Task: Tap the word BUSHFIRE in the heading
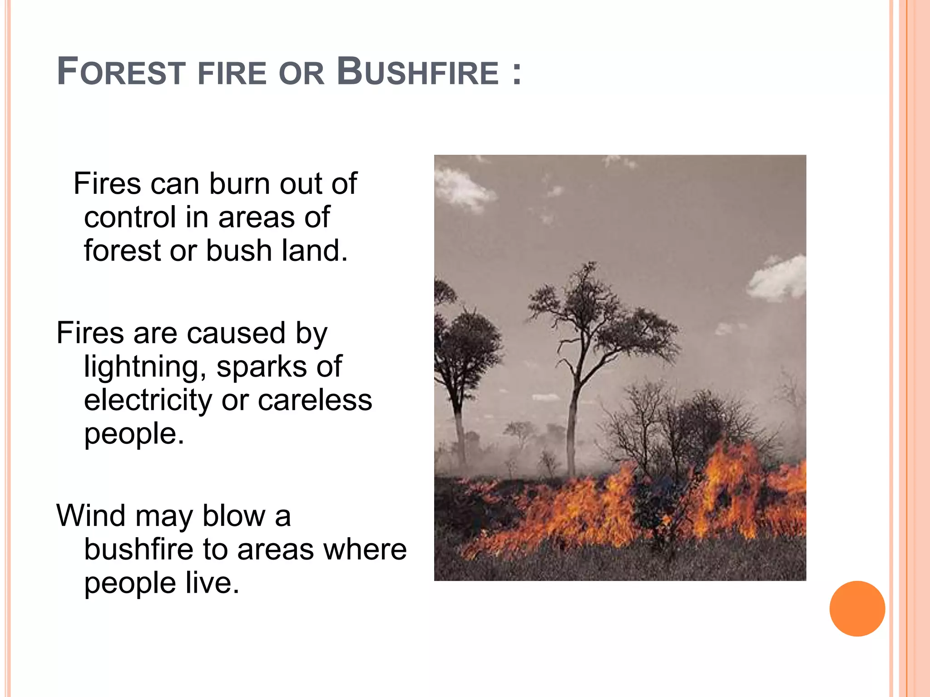click(418, 72)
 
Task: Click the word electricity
click(148, 401)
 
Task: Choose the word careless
click(315, 401)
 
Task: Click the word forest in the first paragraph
click(122, 250)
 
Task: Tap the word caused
click(236, 334)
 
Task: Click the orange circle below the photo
click(857, 609)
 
